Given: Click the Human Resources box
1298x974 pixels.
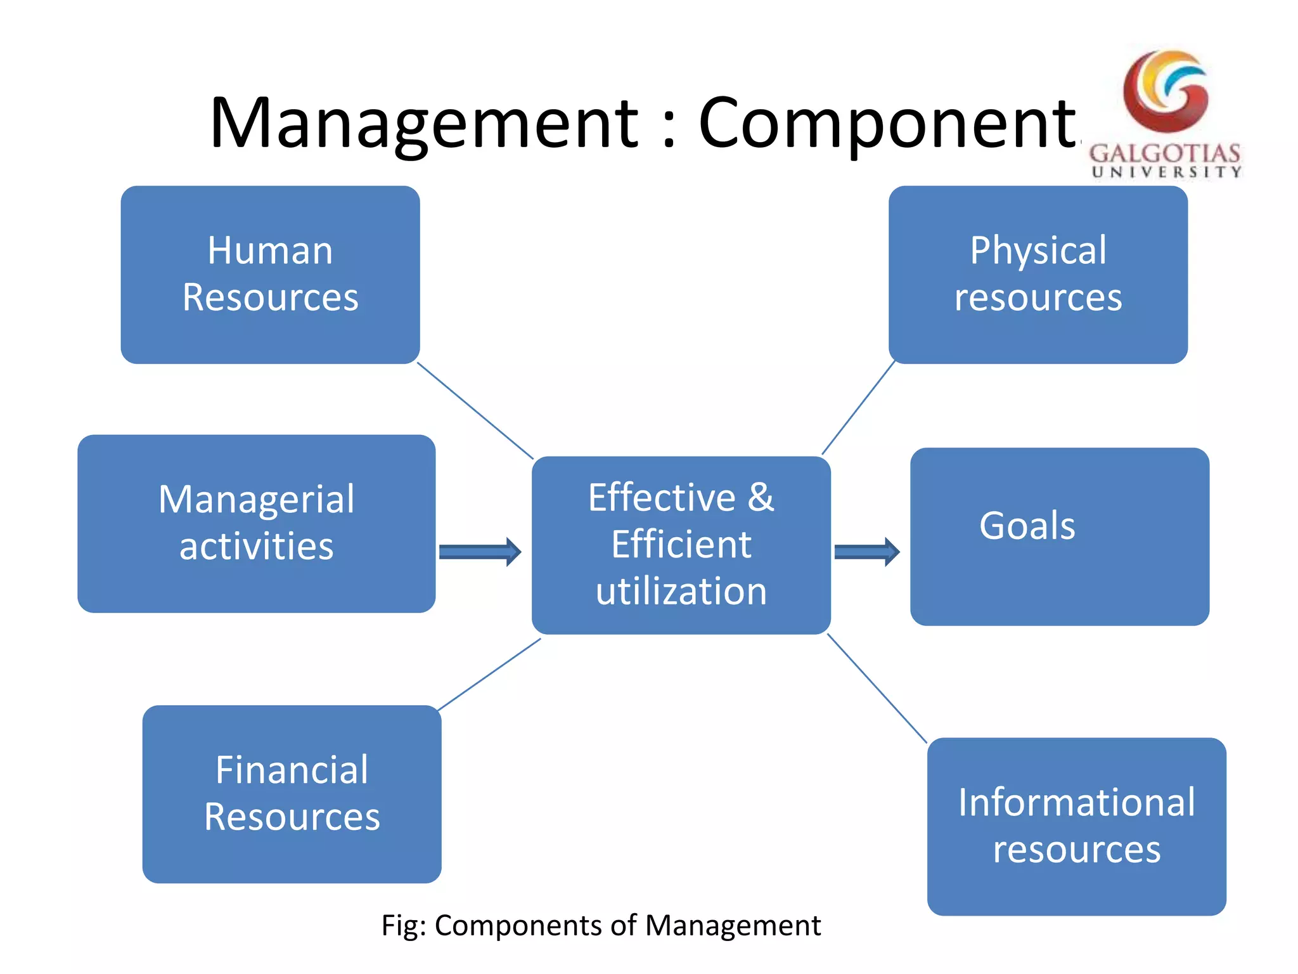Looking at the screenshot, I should (270, 274).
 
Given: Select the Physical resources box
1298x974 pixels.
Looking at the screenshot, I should (1038, 274).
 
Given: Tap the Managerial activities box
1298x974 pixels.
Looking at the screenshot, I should (256, 523).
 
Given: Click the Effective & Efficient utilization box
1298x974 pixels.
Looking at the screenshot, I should (681, 545).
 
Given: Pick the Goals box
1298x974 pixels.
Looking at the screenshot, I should (1059, 536).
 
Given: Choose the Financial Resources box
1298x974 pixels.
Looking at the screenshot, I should (292, 794).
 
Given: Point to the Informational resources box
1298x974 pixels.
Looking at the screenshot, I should (1076, 826).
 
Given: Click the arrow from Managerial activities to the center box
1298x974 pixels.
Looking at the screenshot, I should (480, 552).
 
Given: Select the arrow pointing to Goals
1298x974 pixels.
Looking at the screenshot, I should (866, 552).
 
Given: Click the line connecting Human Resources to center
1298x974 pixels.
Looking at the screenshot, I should (475, 410).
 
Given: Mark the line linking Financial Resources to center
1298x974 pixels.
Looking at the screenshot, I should (489, 674).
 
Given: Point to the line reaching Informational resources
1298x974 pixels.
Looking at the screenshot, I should (877, 688).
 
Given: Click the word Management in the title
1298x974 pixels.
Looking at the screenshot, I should (423, 124).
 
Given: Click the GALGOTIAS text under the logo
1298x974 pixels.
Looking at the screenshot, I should (1165, 153).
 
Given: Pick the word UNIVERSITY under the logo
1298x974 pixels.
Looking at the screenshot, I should (1166, 172).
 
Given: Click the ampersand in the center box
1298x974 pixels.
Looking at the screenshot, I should (761, 497).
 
